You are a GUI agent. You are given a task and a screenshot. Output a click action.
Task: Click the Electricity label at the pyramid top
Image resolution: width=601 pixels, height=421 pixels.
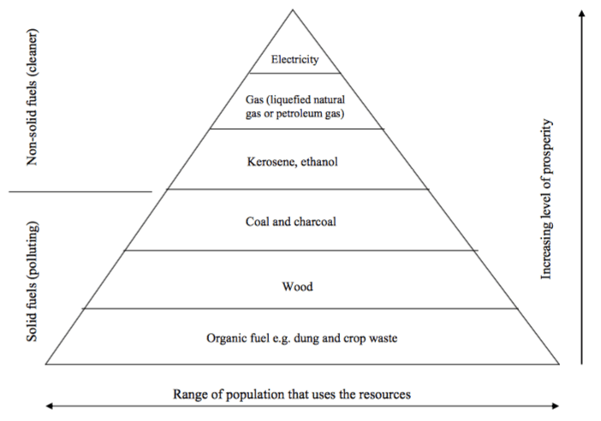pyautogui.click(x=295, y=60)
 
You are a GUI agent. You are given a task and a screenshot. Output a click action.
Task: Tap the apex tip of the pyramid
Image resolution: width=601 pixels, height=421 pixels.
pyautogui.click(x=293, y=10)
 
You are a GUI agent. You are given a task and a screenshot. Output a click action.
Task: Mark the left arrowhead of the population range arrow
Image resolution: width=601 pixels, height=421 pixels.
pyautogui.click(x=50, y=406)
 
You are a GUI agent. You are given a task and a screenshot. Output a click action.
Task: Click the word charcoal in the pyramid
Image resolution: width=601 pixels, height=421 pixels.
pyautogui.click(x=315, y=222)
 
